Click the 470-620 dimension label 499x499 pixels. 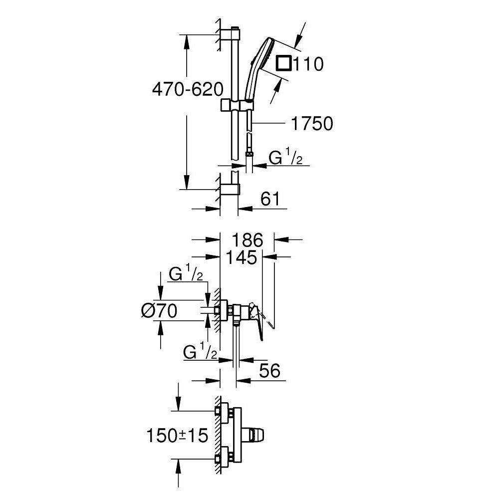(187, 90)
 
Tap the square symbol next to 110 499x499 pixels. (284, 63)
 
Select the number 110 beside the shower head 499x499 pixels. (308, 64)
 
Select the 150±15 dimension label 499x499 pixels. (177, 436)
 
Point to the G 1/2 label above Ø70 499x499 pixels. (186, 274)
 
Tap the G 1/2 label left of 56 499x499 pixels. (200, 352)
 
